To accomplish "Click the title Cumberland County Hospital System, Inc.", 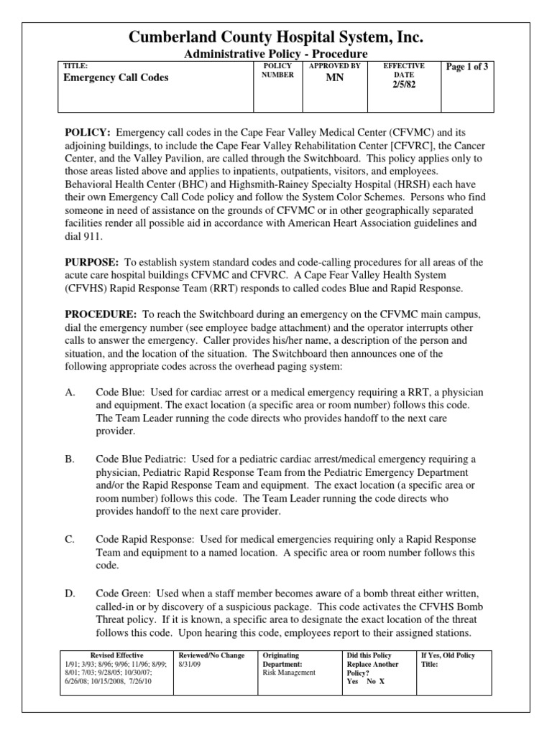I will (x=275, y=37).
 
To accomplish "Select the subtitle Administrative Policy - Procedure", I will (x=275, y=55).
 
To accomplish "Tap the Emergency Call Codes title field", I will (x=116, y=78).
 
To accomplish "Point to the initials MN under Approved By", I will (x=334, y=78).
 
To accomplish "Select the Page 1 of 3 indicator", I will (x=467, y=67).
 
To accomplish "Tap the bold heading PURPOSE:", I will (x=93, y=263).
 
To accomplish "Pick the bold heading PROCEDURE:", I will (x=101, y=315).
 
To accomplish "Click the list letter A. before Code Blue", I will (x=70, y=393).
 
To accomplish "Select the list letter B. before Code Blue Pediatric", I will (x=70, y=459).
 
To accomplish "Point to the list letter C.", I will (x=70, y=539).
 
